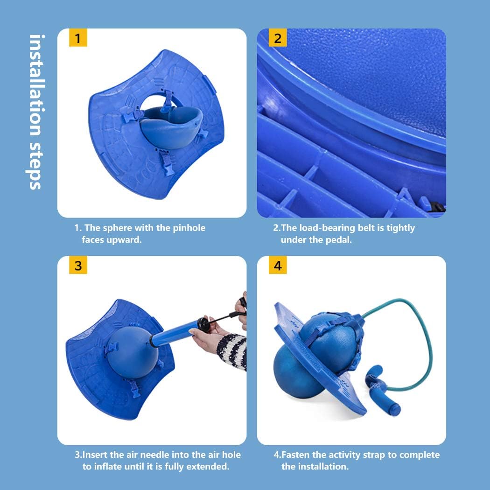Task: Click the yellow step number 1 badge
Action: click(x=78, y=38)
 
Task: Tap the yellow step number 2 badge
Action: click(x=278, y=38)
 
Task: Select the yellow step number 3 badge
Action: click(x=78, y=266)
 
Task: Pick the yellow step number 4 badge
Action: click(x=278, y=266)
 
